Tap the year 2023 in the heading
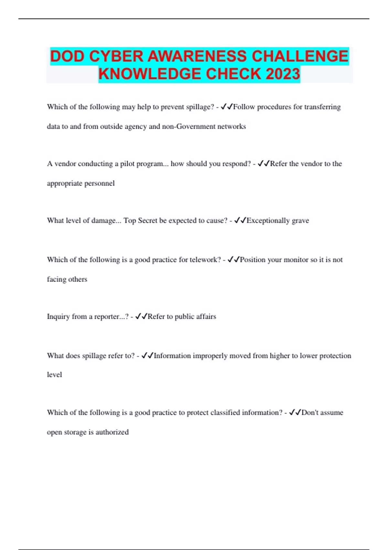pyautogui.click(x=283, y=74)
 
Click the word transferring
pyautogui.click(x=322, y=107)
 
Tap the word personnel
pyautogui.click(x=100, y=183)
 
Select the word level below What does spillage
pyautogui.click(x=54, y=375)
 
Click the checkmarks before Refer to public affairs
pyautogui.click(x=141, y=316)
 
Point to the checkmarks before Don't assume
pyautogui.click(x=295, y=412)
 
